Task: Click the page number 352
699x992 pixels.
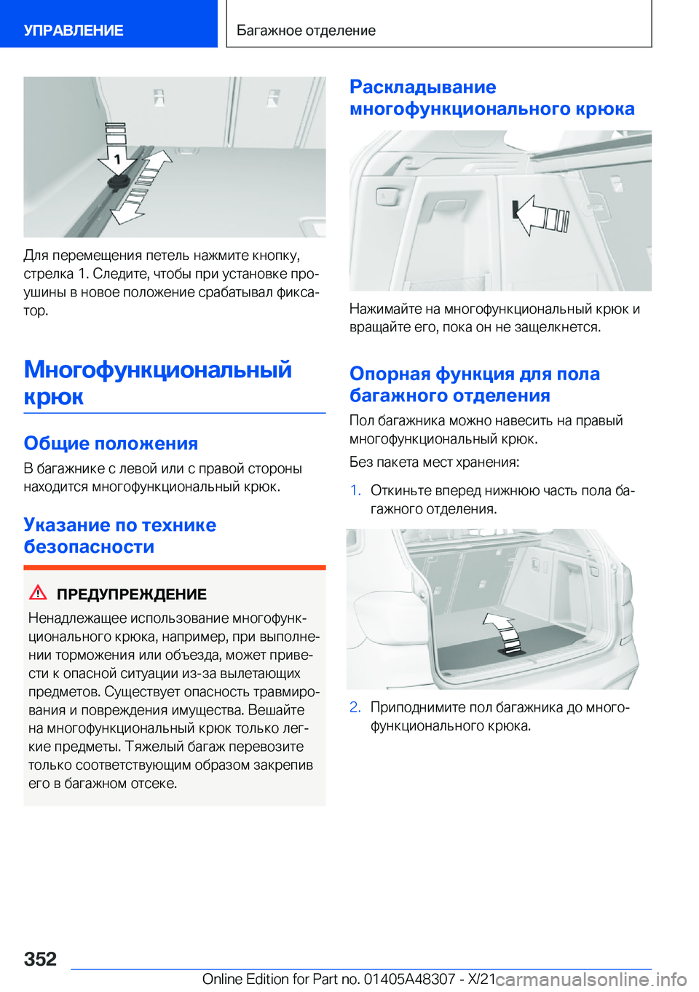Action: pos(40,958)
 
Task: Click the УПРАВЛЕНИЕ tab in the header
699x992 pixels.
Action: pos(74,31)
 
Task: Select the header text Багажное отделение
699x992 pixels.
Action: pos(306,31)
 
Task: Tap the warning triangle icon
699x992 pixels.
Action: pos(38,593)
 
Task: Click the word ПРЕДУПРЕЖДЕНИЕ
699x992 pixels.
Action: pos(132,594)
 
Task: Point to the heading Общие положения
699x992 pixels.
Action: pos(111,444)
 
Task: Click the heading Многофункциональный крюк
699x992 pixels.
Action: pos(157,382)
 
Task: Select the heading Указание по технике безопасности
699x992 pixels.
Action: pos(119,535)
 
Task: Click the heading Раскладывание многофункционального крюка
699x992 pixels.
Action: pos(491,98)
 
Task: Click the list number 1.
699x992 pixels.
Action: pos(355,490)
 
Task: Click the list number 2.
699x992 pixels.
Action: pos(355,707)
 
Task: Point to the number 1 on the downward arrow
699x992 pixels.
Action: pos(117,159)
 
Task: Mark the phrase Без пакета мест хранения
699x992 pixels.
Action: pos(434,462)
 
